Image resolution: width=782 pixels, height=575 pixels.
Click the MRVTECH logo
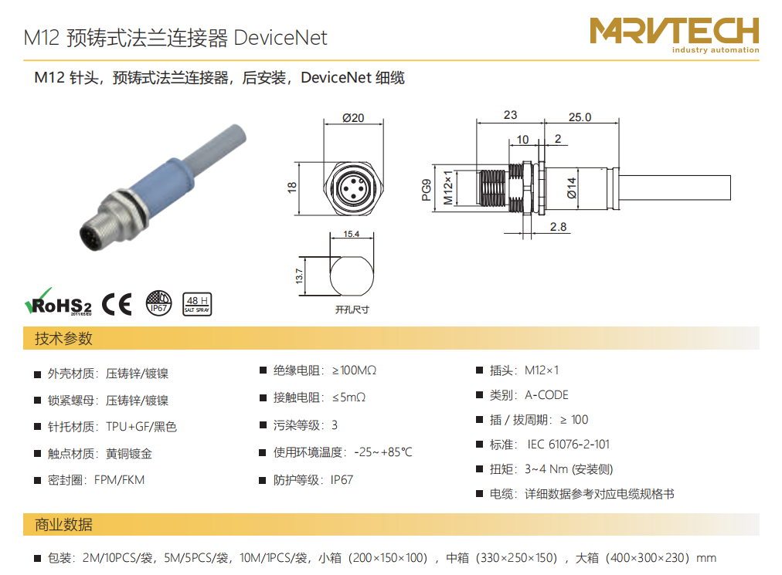click(x=675, y=35)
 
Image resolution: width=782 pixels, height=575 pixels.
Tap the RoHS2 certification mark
click(x=59, y=302)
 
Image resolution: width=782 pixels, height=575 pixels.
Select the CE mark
click(x=117, y=303)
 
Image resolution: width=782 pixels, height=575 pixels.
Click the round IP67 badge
click(x=158, y=303)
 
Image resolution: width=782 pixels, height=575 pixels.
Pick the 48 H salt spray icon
click(x=198, y=304)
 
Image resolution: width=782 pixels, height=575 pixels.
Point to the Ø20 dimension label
click(x=353, y=118)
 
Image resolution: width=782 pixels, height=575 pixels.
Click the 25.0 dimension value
click(x=580, y=117)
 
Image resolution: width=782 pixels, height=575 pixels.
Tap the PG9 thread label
click(x=426, y=190)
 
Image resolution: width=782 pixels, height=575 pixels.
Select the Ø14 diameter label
click(x=572, y=188)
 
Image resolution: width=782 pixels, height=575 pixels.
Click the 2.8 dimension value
click(x=558, y=227)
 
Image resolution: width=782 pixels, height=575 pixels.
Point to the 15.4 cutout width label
click(x=351, y=234)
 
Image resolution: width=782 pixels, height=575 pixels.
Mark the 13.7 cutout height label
click(x=299, y=276)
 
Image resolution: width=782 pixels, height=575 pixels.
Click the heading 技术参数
click(x=63, y=338)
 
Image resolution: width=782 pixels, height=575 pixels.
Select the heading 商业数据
click(x=63, y=525)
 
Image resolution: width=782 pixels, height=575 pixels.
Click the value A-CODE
click(x=546, y=395)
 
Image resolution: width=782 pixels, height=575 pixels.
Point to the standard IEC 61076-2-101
click(x=569, y=445)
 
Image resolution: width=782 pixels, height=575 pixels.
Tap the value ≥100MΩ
click(x=354, y=370)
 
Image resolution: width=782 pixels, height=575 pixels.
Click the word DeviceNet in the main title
click(x=280, y=38)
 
